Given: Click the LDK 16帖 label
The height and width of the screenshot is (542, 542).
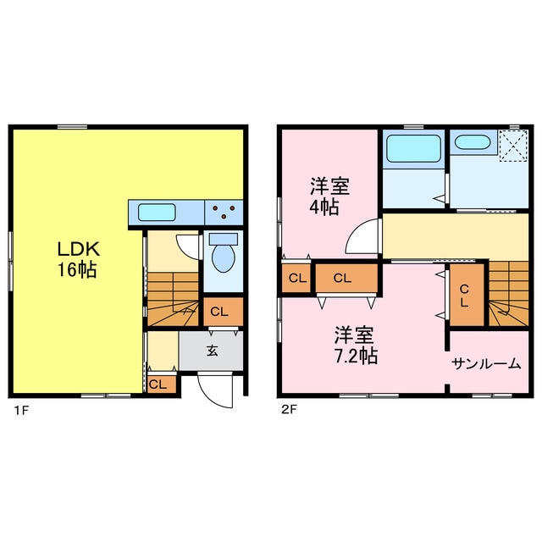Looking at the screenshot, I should tap(79, 260).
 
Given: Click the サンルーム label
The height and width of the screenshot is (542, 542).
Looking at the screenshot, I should tap(486, 364).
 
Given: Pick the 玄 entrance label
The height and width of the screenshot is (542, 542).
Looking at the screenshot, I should tap(212, 351).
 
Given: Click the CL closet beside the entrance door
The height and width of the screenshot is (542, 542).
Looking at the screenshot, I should tap(158, 384).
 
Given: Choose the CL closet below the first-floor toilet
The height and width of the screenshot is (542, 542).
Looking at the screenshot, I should tap(219, 312).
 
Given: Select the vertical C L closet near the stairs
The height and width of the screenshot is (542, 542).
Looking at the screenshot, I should tap(464, 296).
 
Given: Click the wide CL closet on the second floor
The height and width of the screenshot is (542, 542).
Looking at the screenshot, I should tap(342, 278).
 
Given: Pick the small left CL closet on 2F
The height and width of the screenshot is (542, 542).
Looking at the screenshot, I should tap(296, 278).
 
